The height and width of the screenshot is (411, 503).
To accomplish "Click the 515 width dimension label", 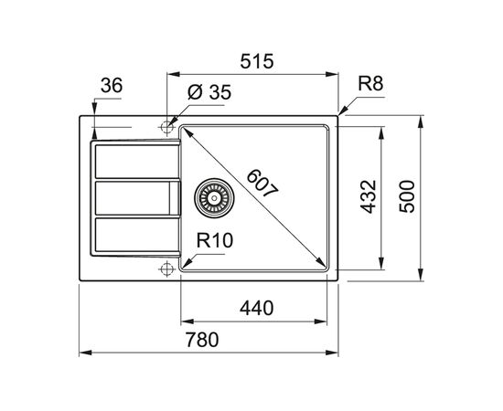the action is [x=257, y=61].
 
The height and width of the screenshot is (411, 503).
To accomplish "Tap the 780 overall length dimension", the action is [x=202, y=340].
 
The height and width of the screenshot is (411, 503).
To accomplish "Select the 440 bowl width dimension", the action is [x=257, y=308].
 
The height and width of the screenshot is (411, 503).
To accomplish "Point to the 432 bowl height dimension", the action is [x=368, y=196].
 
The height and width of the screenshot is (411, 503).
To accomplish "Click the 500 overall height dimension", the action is [x=407, y=196].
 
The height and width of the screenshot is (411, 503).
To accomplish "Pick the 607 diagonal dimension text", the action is [x=262, y=184].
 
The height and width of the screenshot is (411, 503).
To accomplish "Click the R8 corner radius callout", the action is [x=370, y=84].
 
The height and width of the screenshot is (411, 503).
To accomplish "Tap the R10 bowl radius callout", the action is [x=215, y=240].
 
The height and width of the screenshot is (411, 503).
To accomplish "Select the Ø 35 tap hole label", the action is [x=209, y=92].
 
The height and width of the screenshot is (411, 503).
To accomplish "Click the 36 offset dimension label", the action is [x=112, y=86].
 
